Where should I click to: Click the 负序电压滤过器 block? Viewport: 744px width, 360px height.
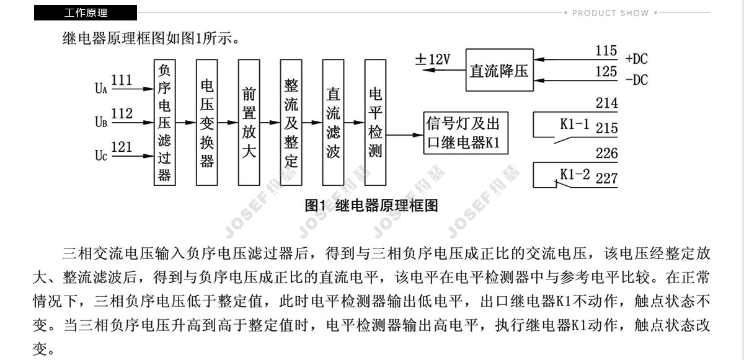[165, 123]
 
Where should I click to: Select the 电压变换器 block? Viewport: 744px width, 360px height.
[207, 123]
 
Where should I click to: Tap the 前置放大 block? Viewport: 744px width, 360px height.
[249, 123]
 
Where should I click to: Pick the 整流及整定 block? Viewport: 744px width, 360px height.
[291, 123]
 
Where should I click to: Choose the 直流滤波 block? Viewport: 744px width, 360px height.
[333, 123]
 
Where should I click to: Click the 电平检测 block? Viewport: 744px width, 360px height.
[375, 123]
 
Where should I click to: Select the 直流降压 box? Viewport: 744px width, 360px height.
[500, 70]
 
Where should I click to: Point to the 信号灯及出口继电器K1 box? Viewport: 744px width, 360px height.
[466, 133]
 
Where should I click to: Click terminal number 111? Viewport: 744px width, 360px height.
[122, 80]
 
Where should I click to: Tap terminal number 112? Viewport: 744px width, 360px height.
[122, 113]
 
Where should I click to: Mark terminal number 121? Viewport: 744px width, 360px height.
[122, 147]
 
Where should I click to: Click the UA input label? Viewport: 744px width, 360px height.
[101, 88]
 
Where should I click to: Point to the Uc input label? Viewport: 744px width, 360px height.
[101, 156]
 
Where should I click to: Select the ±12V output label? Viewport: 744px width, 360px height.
[433, 59]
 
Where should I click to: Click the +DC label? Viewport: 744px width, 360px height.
[637, 59]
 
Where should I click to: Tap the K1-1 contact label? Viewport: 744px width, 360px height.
[575, 124]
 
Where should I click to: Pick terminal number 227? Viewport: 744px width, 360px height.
[606, 178]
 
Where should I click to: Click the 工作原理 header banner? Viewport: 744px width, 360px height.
[86, 12]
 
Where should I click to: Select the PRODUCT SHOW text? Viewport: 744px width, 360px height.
[611, 13]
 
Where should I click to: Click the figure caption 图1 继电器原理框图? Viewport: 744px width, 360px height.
[371, 205]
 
